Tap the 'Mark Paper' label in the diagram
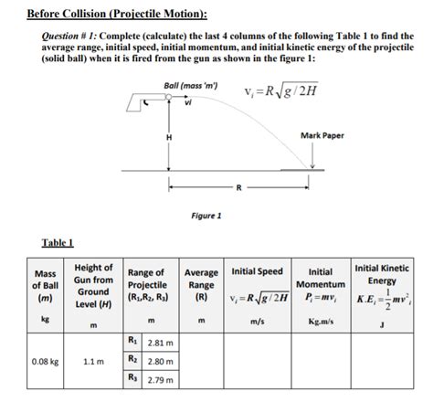322,135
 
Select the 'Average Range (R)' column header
201,285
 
